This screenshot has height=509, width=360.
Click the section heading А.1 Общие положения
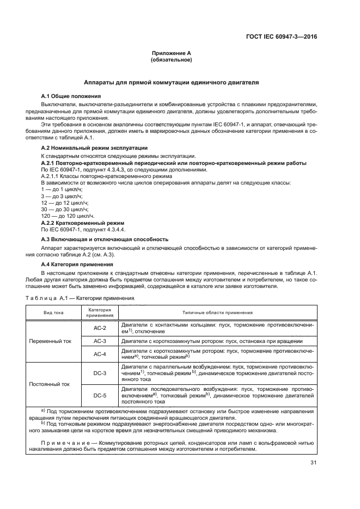(x=71, y=96)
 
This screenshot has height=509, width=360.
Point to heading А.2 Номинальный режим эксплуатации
(x=94, y=148)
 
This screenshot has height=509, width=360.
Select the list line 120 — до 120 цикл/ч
(x=64, y=216)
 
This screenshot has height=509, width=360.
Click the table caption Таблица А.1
(x=77, y=298)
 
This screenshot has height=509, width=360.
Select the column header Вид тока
(x=53, y=312)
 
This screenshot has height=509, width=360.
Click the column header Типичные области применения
(x=217, y=312)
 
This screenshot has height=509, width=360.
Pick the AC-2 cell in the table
(x=99, y=328)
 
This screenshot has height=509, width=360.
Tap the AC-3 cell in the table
(x=99, y=341)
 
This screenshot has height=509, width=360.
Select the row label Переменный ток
(x=53, y=341)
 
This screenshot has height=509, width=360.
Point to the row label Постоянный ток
(x=53, y=384)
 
